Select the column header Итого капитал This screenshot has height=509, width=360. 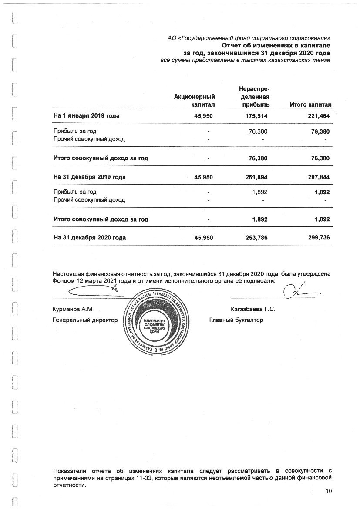pyautogui.click(x=310, y=105)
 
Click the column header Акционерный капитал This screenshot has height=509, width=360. pyautogui.click(x=195, y=101)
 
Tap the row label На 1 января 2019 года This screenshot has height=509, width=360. pyautogui.click(x=86, y=116)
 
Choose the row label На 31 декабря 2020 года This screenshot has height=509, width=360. pyautogui.click(x=90, y=238)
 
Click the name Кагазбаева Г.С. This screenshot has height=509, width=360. pyautogui.click(x=254, y=310)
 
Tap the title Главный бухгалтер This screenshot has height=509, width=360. pyautogui.click(x=236, y=320)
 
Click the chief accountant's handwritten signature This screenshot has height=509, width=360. pyautogui.click(x=297, y=291)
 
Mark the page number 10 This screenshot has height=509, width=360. pyautogui.click(x=328, y=492)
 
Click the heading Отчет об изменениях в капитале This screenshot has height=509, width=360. pyautogui.click(x=276, y=45)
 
